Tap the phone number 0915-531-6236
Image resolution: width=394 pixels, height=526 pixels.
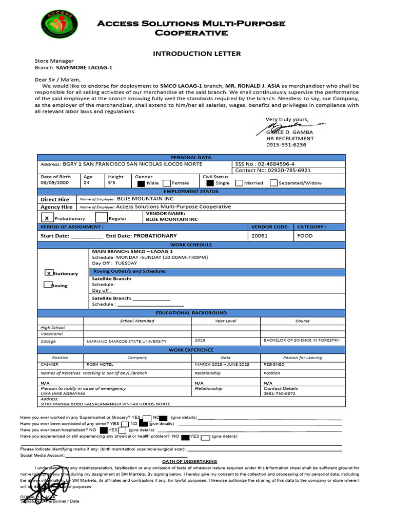(x=286, y=145)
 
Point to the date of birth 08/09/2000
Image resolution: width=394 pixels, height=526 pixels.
(x=54, y=182)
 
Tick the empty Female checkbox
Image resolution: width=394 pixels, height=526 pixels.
(x=167, y=182)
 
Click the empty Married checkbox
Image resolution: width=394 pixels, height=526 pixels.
(x=240, y=182)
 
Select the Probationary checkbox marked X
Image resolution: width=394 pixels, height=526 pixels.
(x=47, y=218)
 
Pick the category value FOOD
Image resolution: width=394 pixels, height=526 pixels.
(x=305, y=236)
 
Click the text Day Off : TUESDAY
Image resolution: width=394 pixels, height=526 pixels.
(x=114, y=263)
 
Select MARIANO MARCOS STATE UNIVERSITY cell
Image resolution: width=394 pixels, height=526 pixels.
(x=127, y=341)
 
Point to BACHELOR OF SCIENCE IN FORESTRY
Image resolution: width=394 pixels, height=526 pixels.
(x=301, y=340)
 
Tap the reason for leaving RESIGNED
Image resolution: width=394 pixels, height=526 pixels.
(x=274, y=364)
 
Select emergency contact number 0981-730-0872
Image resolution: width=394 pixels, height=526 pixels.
(x=280, y=393)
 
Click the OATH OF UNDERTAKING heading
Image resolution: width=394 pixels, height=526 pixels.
(x=189, y=462)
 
